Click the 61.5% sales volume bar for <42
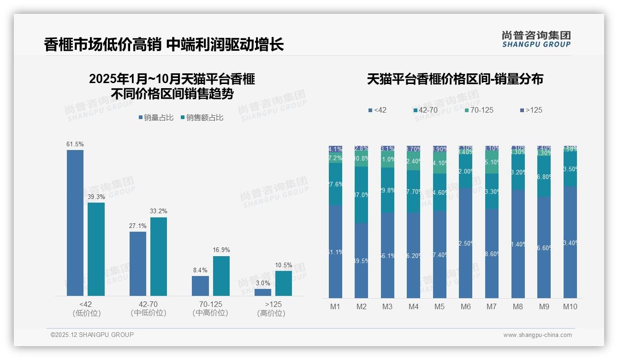(x=75, y=222)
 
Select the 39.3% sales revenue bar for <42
(x=96, y=249)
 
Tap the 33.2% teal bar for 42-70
(x=159, y=256)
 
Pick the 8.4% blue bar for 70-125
(x=200, y=286)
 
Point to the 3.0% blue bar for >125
(x=263, y=292)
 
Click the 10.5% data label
(x=284, y=265)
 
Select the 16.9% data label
(x=221, y=250)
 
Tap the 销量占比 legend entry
(x=156, y=118)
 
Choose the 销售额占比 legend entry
(x=202, y=118)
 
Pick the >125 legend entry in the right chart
(x=531, y=110)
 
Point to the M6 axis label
(x=465, y=306)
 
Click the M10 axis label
(x=570, y=306)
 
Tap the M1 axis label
(x=335, y=306)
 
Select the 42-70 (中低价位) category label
(x=148, y=308)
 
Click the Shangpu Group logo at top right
(x=536, y=39)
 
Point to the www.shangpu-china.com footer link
(x=537, y=335)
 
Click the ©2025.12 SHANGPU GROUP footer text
(x=92, y=335)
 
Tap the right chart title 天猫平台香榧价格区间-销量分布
(x=455, y=79)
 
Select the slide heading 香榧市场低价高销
(x=102, y=45)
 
